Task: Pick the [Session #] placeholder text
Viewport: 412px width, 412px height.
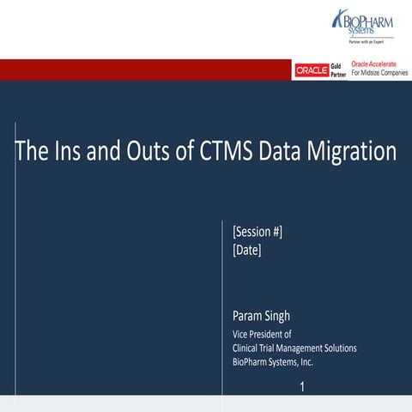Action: [x=257, y=232]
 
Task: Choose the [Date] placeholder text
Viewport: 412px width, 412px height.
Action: [x=247, y=251]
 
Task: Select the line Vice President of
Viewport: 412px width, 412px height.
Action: [x=263, y=334]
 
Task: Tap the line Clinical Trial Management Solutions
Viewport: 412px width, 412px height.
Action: [x=294, y=348]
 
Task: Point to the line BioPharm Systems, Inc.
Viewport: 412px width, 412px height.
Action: [x=273, y=361]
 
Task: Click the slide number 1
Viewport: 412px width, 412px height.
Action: [x=302, y=387]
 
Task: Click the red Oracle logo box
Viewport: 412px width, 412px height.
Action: [x=312, y=70]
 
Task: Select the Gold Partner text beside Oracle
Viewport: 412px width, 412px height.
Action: [x=337, y=70]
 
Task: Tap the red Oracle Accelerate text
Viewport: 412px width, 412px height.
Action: [x=373, y=64]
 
